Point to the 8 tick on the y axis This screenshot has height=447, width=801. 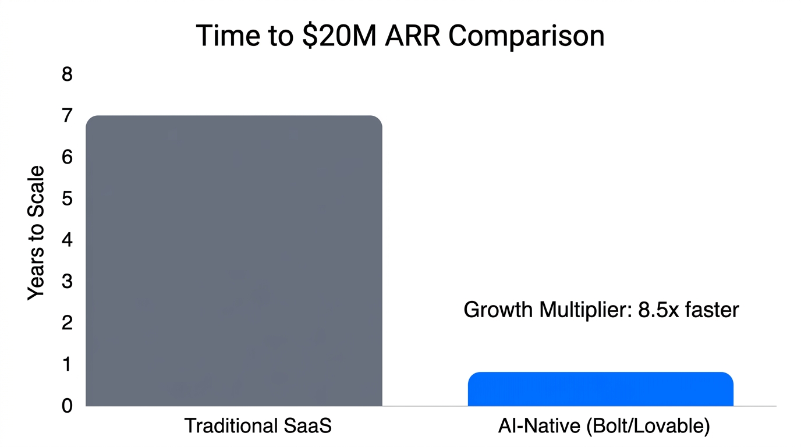point(67,75)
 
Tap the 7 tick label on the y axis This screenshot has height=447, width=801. point(67,116)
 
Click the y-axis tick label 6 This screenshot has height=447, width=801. point(67,158)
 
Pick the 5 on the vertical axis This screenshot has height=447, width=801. point(67,199)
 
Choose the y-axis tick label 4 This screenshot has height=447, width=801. point(67,240)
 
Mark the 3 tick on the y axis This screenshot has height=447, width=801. point(67,282)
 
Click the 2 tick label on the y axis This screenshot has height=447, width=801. point(67,323)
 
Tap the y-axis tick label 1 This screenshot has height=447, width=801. point(67,364)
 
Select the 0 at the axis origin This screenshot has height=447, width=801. point(67,406)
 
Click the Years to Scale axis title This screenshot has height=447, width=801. point(36,233)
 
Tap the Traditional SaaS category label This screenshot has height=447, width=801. point(258,426)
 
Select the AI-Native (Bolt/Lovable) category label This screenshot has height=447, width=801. point(604,426)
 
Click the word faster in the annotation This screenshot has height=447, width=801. point(712,310)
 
